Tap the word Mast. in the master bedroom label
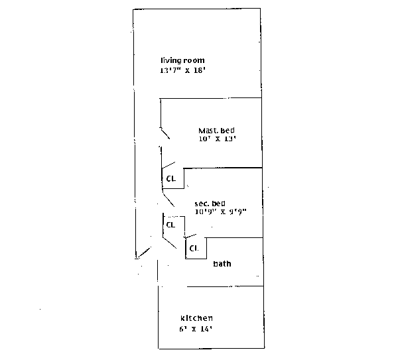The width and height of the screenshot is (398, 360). point(208,130)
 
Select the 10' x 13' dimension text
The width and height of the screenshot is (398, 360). point(218,139)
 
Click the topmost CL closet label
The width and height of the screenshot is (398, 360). point(170,178)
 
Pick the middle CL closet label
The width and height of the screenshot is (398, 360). point(170,224)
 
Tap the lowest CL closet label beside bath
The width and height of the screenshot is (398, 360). point(194,248)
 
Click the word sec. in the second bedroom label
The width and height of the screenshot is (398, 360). point(202,203)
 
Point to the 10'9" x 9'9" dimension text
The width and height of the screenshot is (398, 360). point(220,211)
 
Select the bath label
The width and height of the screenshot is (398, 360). point(222,264)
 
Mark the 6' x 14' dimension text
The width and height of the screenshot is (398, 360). point(196,329)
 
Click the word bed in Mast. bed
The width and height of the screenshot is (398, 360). point(228,130)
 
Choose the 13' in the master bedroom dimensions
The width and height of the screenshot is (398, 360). point(230,139)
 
